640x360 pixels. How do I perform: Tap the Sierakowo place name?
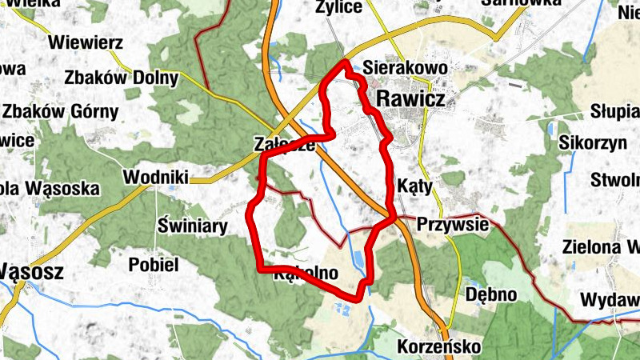[403, 67]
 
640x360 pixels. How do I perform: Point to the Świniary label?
[193, 226]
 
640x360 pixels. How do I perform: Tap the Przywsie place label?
[452, 225]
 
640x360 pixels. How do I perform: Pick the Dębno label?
[490, 294]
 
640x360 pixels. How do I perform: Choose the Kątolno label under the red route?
[306, 274]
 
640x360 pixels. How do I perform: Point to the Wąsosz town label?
[30, 270]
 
